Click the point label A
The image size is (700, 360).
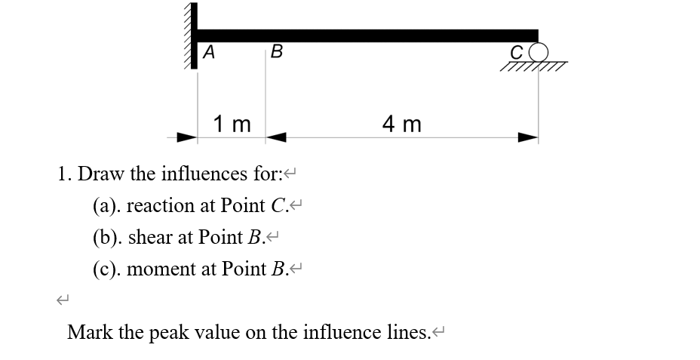(209, 53)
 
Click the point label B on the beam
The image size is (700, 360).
(276, 53)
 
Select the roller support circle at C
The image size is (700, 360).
(538, 54)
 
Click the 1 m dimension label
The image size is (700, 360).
(232, 123)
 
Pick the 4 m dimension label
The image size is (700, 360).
(402, 123)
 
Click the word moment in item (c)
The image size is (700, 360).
(161, 269)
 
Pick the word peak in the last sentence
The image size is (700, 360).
(177, 333)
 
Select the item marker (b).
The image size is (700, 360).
(106, 237)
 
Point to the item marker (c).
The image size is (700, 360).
(106, 269)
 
